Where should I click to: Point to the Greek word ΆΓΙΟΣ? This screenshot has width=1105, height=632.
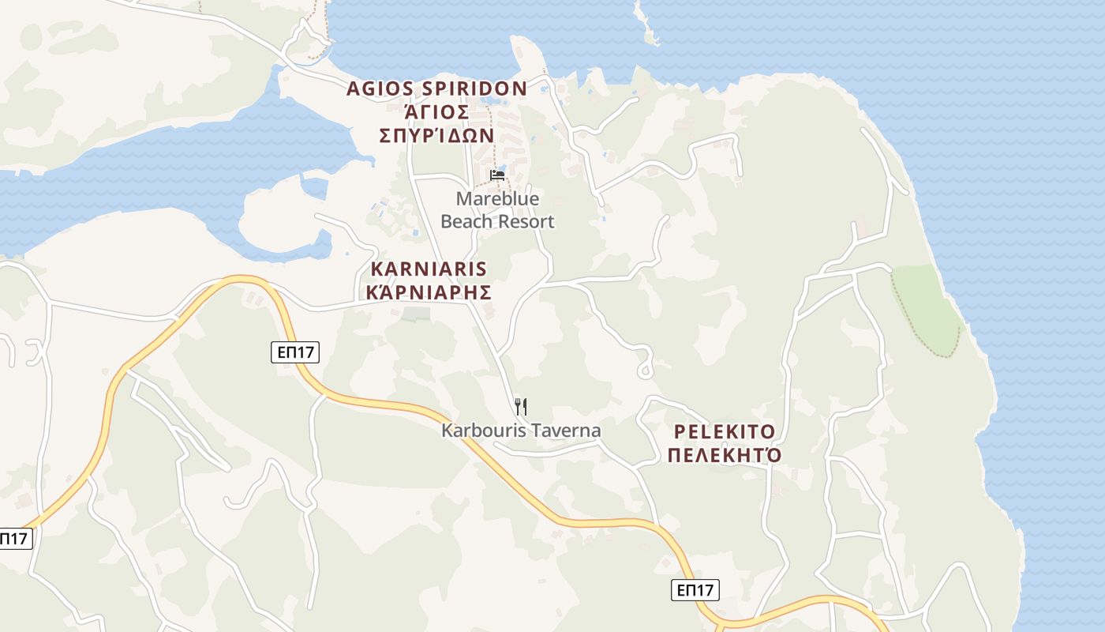tap(436, 112)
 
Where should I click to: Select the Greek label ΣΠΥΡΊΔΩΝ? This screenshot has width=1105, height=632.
tap(436, 135)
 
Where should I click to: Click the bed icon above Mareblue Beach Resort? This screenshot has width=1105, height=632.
tap(497, 175)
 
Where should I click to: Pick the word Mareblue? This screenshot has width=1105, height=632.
tap(497, 199)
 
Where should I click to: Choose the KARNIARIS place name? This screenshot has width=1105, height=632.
tap(429, 269)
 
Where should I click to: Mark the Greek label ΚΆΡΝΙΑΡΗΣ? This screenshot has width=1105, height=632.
tap(429, 292)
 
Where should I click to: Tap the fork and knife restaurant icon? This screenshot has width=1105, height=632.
tap(520, 407)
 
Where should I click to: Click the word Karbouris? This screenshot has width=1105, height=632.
tap(478, 431)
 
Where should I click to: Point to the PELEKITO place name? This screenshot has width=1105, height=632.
tap(725, 432)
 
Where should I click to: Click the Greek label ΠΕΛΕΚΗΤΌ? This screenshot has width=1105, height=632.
tap(725, 456)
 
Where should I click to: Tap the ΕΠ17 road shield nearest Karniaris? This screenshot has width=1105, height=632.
tap(295, 353)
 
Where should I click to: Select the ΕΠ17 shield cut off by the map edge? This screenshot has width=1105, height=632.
tap(13, 539)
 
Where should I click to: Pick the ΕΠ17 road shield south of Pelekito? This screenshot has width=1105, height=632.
tap(695, 589)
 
